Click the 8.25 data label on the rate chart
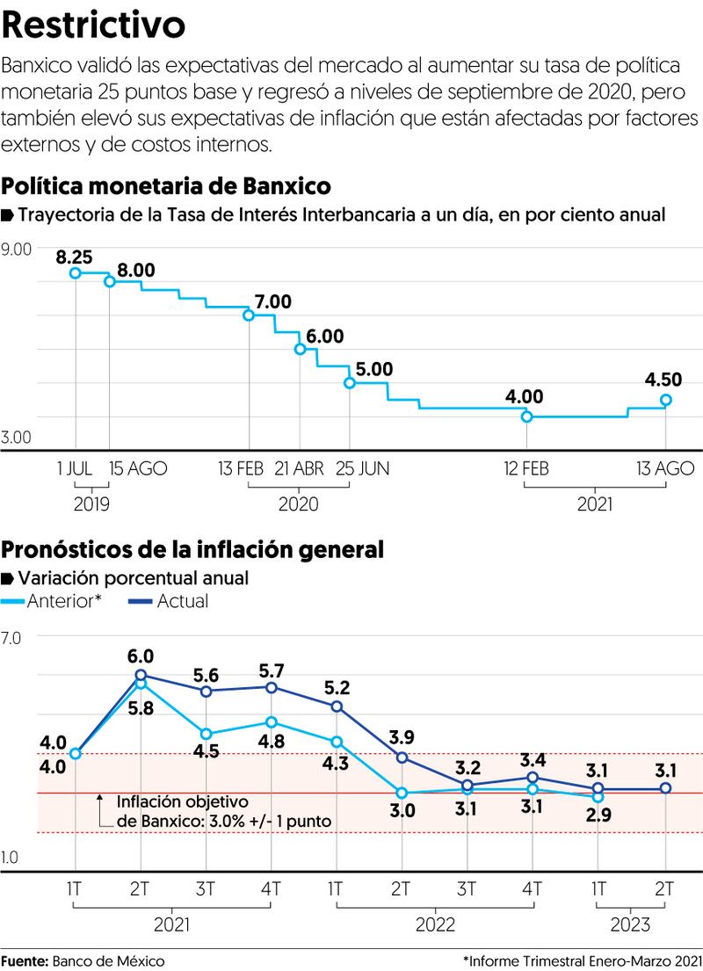click(74, 257)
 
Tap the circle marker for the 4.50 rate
click(666, 400)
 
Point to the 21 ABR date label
click(300, 469)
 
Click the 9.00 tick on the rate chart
click(18, 250)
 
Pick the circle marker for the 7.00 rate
click(249, 315)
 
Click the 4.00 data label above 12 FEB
click(524, 396)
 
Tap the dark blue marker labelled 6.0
click(141, 675)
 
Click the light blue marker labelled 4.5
click(206, 734)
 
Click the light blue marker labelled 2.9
click(598, 797)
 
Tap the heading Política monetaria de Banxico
click(167, 186)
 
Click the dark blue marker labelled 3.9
click(402, 757)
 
